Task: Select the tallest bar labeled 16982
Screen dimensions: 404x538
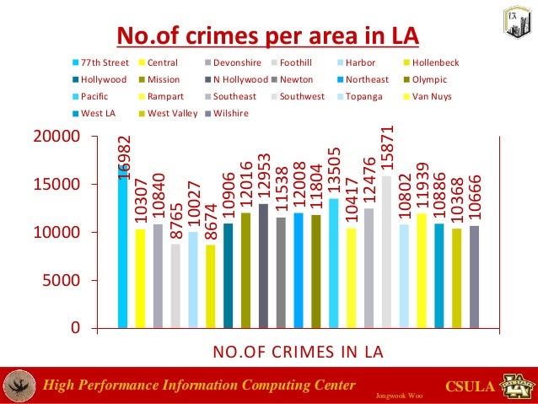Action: tap(123, 245)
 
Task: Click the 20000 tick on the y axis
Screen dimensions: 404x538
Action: tap(62, 136)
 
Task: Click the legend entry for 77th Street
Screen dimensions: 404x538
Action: tap(103, 62)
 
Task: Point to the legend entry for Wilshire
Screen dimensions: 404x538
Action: tap(229, 113)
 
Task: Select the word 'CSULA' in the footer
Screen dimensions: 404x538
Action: tap(467, 387)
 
